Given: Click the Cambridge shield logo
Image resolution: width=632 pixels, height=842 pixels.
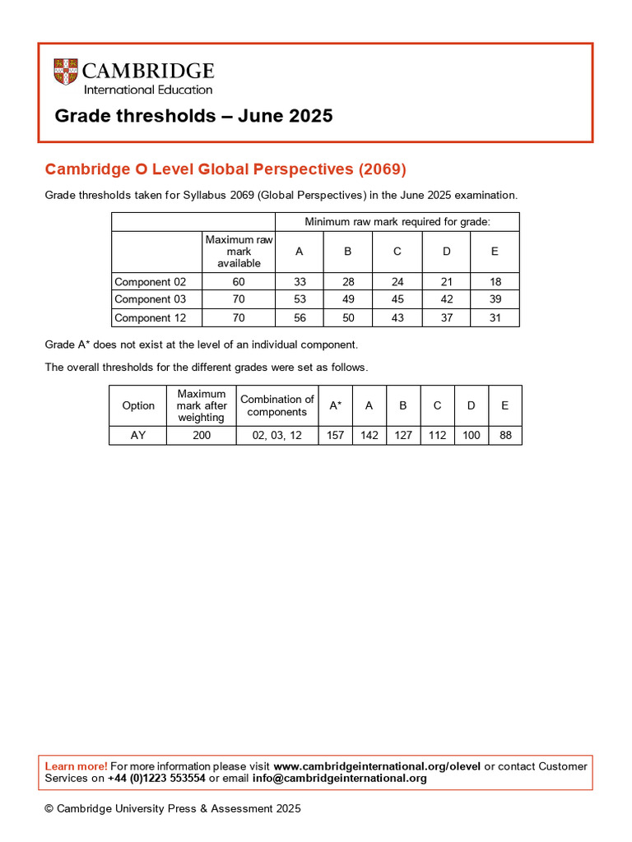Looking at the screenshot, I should point(66,72).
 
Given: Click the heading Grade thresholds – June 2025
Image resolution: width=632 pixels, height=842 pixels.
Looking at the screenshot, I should point(193,116).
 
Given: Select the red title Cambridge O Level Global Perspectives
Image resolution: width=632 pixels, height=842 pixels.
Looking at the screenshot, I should point(225,169).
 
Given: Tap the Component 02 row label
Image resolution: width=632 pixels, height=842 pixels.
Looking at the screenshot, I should point(151,281).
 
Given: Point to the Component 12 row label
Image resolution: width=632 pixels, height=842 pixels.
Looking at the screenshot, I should point(151,317).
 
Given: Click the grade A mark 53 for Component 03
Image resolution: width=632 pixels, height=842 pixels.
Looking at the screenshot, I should point(300,299).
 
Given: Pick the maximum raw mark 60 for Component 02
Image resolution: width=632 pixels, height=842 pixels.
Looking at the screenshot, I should point(239,281).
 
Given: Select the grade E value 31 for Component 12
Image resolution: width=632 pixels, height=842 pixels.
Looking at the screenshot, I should point(495,317).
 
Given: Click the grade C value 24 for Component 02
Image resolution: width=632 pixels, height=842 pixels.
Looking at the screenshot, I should point(397,281).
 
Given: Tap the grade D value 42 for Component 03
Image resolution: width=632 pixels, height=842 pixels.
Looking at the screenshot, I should point(446,299).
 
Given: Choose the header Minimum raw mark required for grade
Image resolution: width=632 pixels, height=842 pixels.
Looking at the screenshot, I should point(397,222).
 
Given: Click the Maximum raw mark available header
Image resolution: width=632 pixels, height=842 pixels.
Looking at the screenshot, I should point(239,251).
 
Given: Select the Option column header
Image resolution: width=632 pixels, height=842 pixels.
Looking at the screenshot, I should point(138,405).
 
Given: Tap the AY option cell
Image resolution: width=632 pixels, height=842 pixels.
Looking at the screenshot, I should point(138,435).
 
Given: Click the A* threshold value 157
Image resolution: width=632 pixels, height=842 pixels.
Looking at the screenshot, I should point(335,435).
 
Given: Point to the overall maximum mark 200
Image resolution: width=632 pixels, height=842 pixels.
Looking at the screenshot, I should point(202,435).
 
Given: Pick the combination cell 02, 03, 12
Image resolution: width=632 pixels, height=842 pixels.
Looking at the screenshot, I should point(277,435).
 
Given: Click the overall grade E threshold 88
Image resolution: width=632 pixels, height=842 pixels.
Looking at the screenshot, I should point(505,435).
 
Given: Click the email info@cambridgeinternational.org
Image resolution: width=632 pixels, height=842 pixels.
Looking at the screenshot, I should point(340,778).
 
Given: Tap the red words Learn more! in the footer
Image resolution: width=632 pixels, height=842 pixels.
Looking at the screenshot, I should point(76,766).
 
